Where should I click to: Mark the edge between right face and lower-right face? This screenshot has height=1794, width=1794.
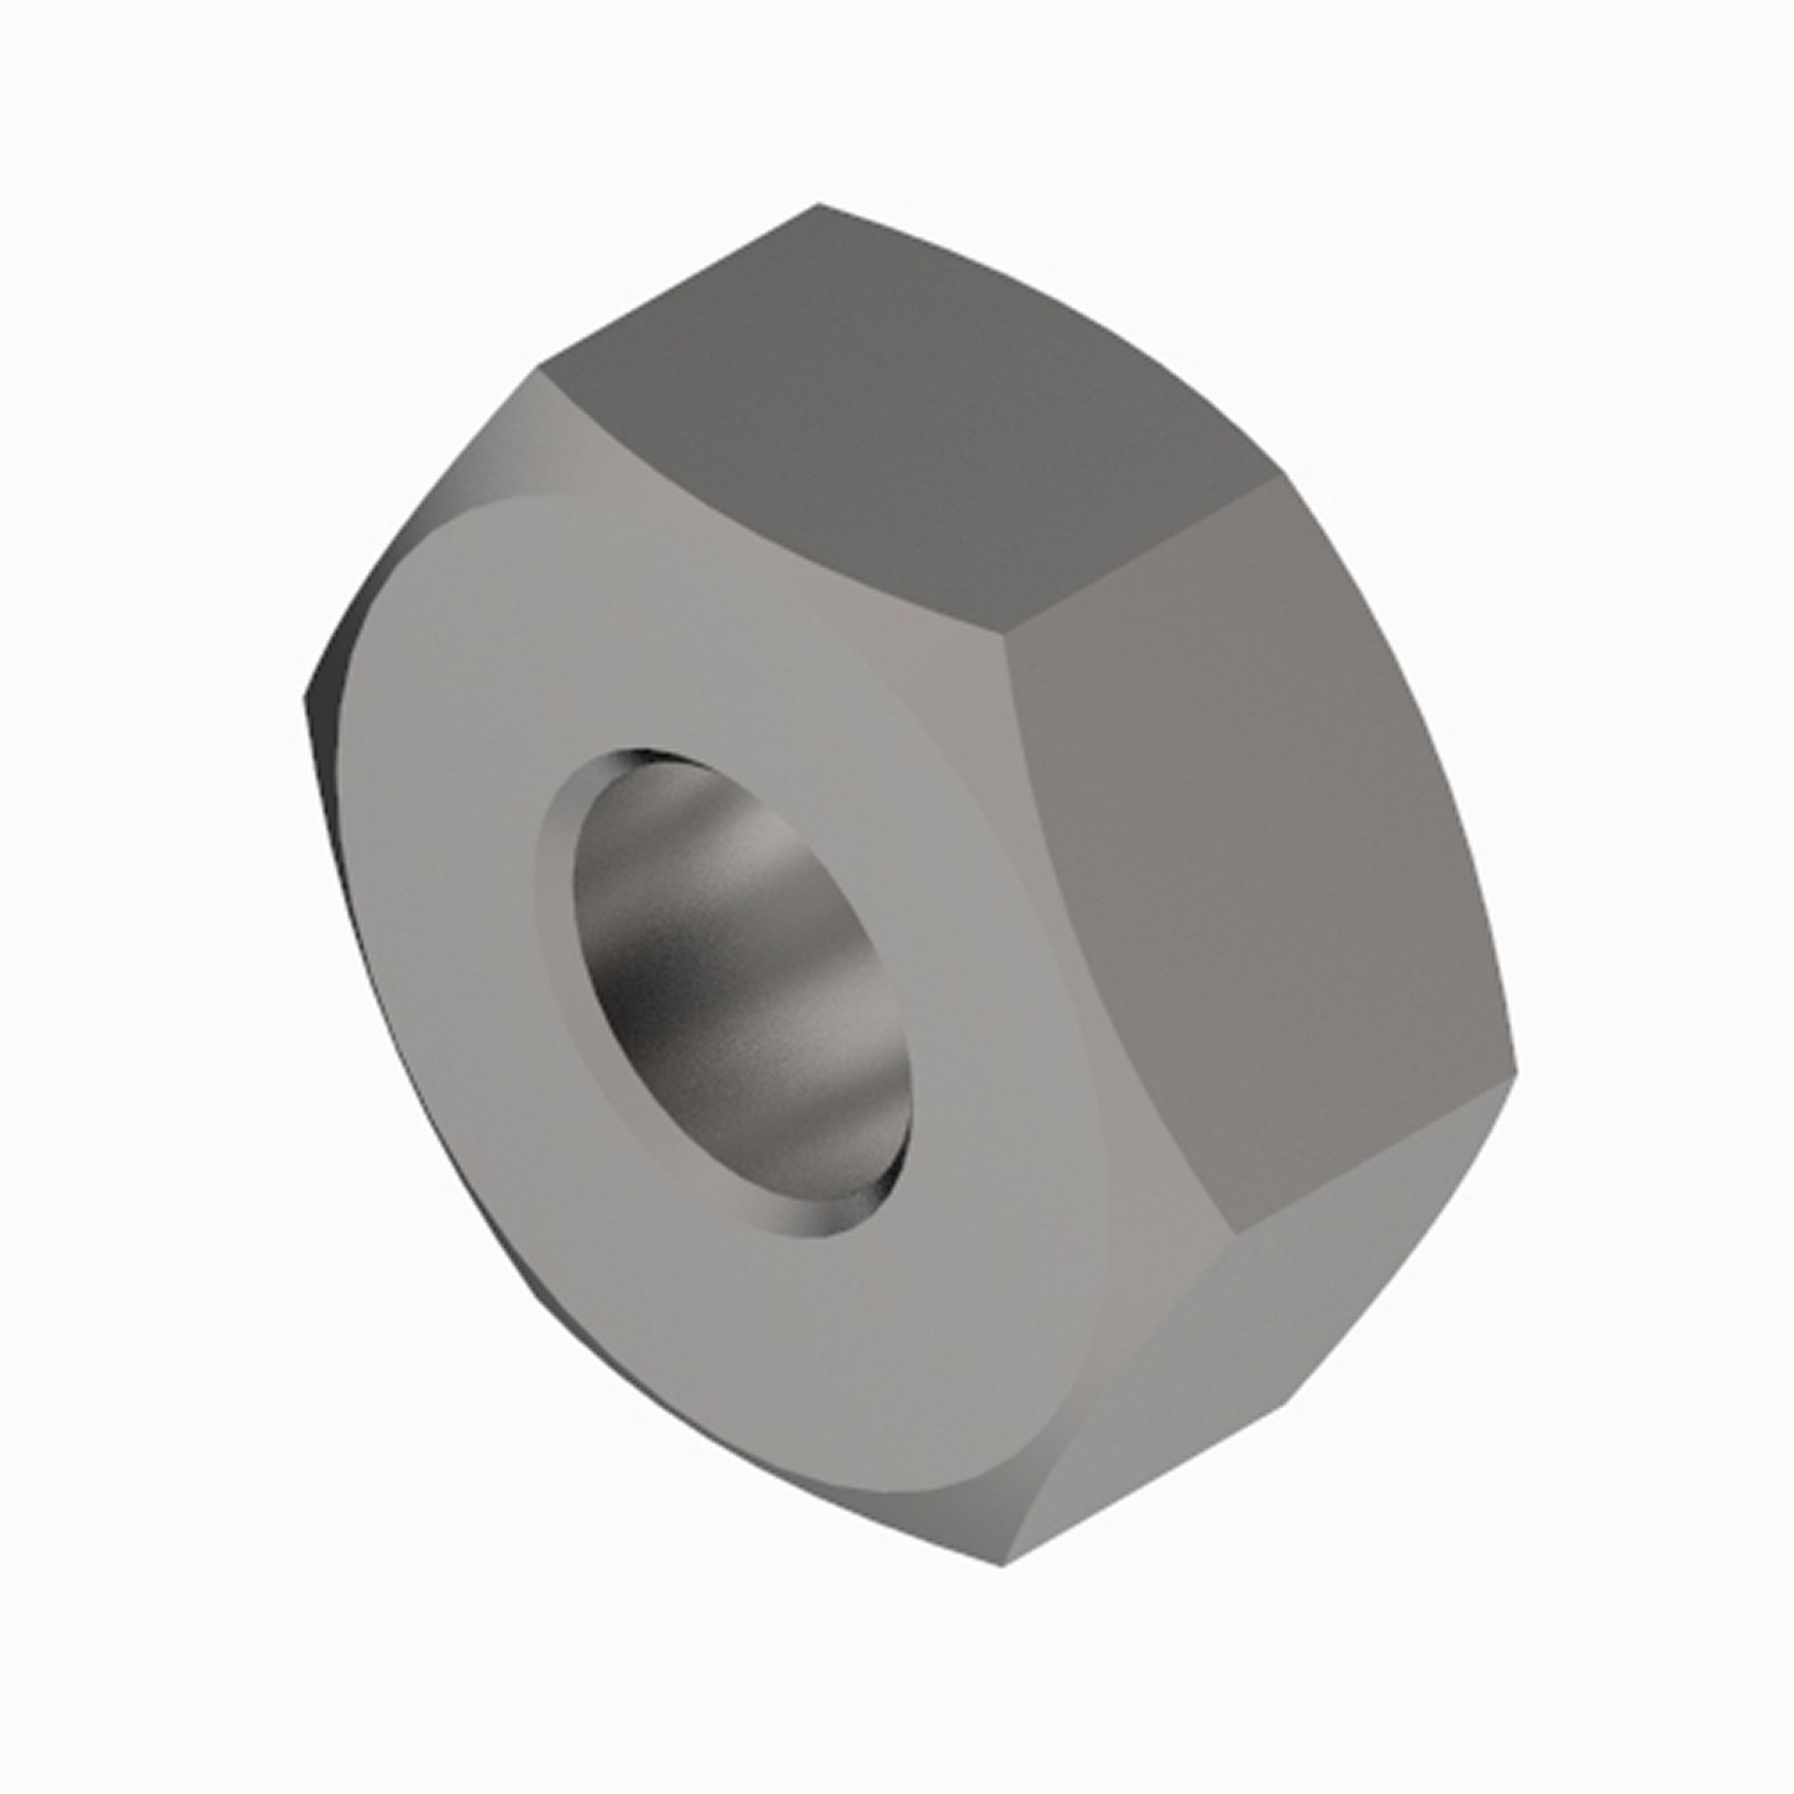click(x=1374, y=1154)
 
